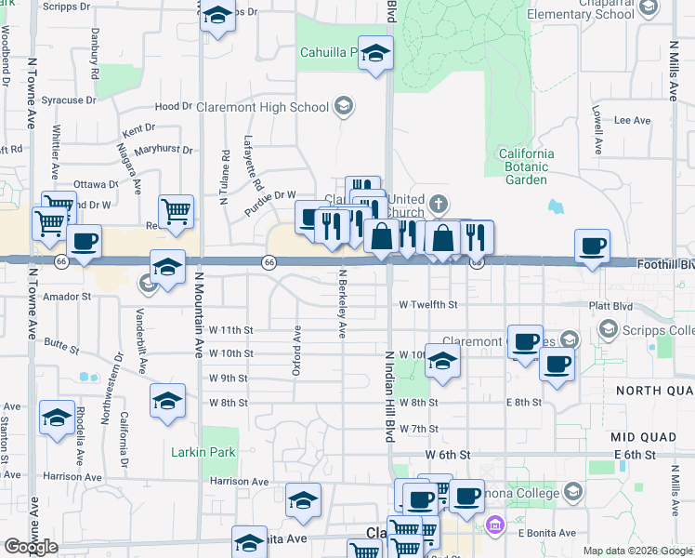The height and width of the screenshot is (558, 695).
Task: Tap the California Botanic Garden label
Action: coord(526,166)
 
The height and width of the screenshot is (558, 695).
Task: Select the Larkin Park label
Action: coord(204,452)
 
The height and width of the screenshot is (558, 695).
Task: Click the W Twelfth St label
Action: coord(427,304)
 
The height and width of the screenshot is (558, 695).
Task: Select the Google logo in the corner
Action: coord(31,547)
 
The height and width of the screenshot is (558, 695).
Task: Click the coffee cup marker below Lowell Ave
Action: coord(592,246)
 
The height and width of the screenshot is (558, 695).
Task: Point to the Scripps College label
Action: coord(667,330)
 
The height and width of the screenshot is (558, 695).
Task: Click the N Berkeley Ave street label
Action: coord(342,304)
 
